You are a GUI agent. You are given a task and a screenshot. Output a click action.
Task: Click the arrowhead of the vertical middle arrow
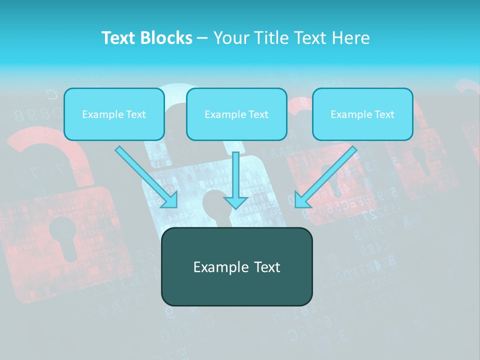[x=236, y=202]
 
